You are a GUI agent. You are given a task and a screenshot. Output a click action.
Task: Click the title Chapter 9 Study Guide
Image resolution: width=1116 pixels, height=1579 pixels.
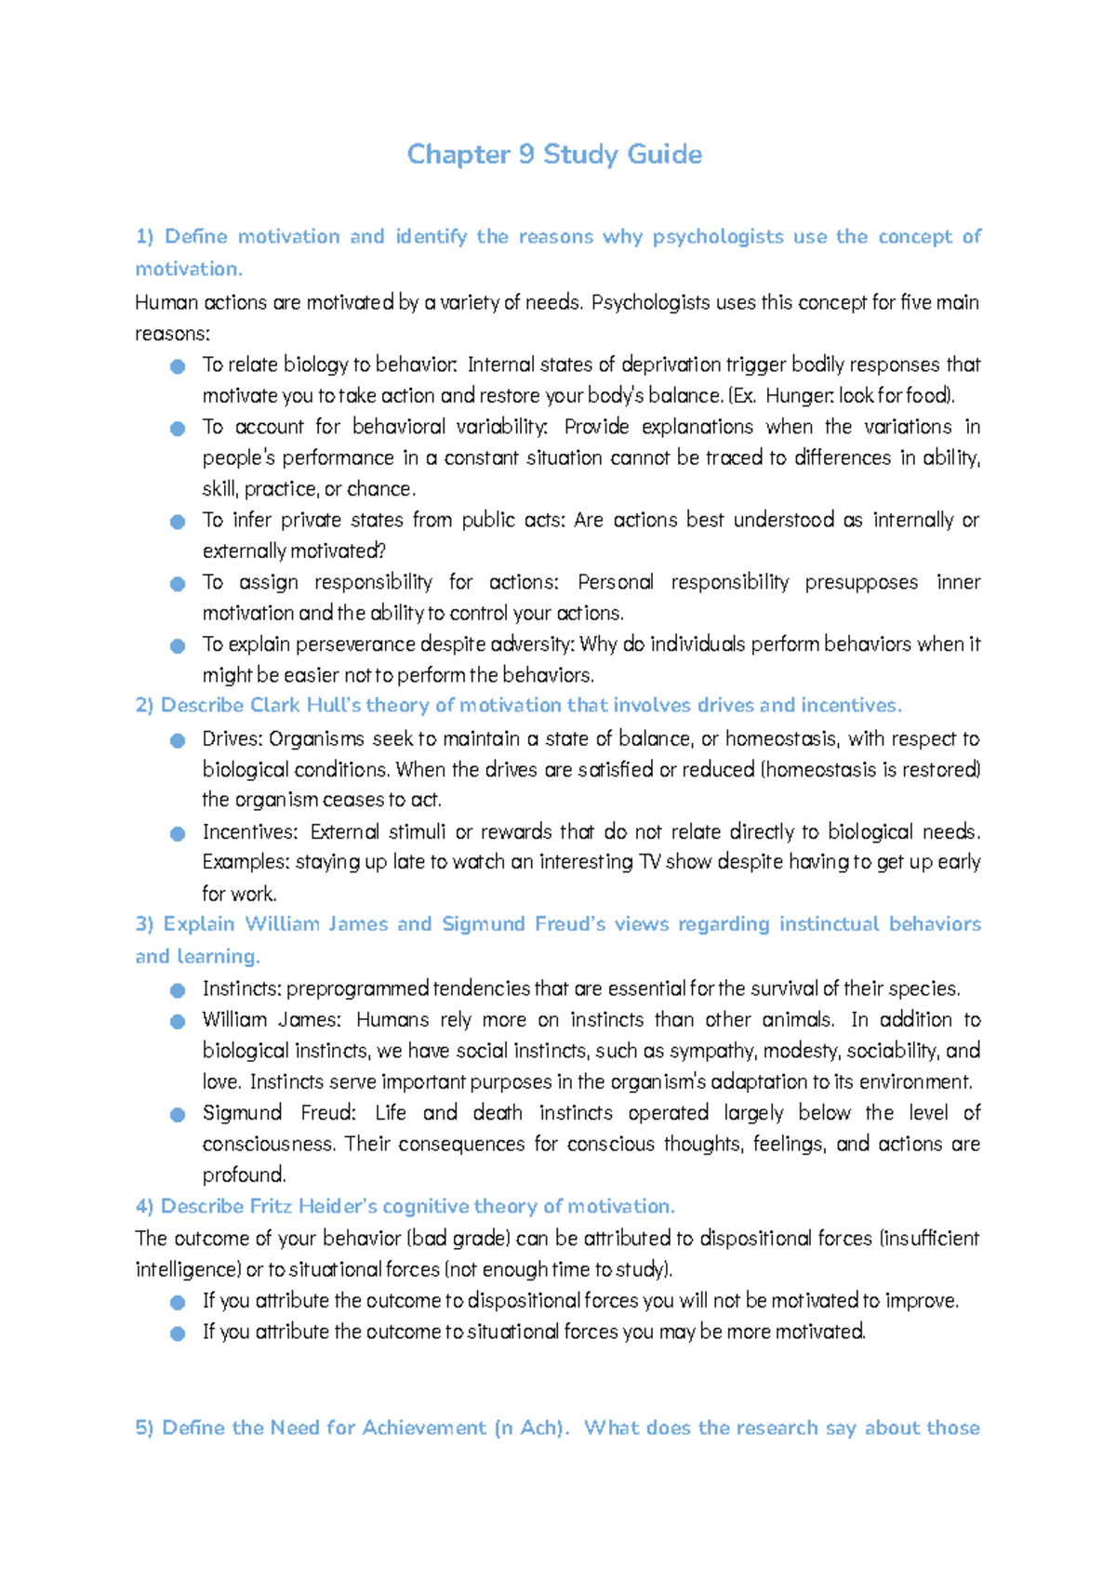coord(554,154)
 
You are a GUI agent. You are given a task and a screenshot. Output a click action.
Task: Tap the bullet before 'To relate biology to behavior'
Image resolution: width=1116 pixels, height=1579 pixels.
coord(178,366)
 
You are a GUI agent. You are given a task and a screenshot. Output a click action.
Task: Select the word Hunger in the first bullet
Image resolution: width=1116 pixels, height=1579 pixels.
coord(799,396)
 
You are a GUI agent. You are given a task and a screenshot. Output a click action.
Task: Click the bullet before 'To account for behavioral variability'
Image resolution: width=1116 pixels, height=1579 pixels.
coord(178,429)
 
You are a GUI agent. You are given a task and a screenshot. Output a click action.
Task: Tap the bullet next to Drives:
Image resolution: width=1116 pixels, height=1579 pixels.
coord(178,741)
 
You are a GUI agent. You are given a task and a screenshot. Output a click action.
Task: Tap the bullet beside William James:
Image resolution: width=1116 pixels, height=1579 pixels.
coord(178,1022)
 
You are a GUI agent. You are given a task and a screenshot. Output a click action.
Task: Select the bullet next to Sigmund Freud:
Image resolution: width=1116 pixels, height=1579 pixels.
coord(178,1115)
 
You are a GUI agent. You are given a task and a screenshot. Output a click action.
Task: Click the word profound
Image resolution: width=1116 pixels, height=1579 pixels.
coord(244,1175)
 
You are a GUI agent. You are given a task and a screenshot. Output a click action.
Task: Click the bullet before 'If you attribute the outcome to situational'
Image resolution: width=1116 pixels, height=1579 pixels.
coord(178,1334)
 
